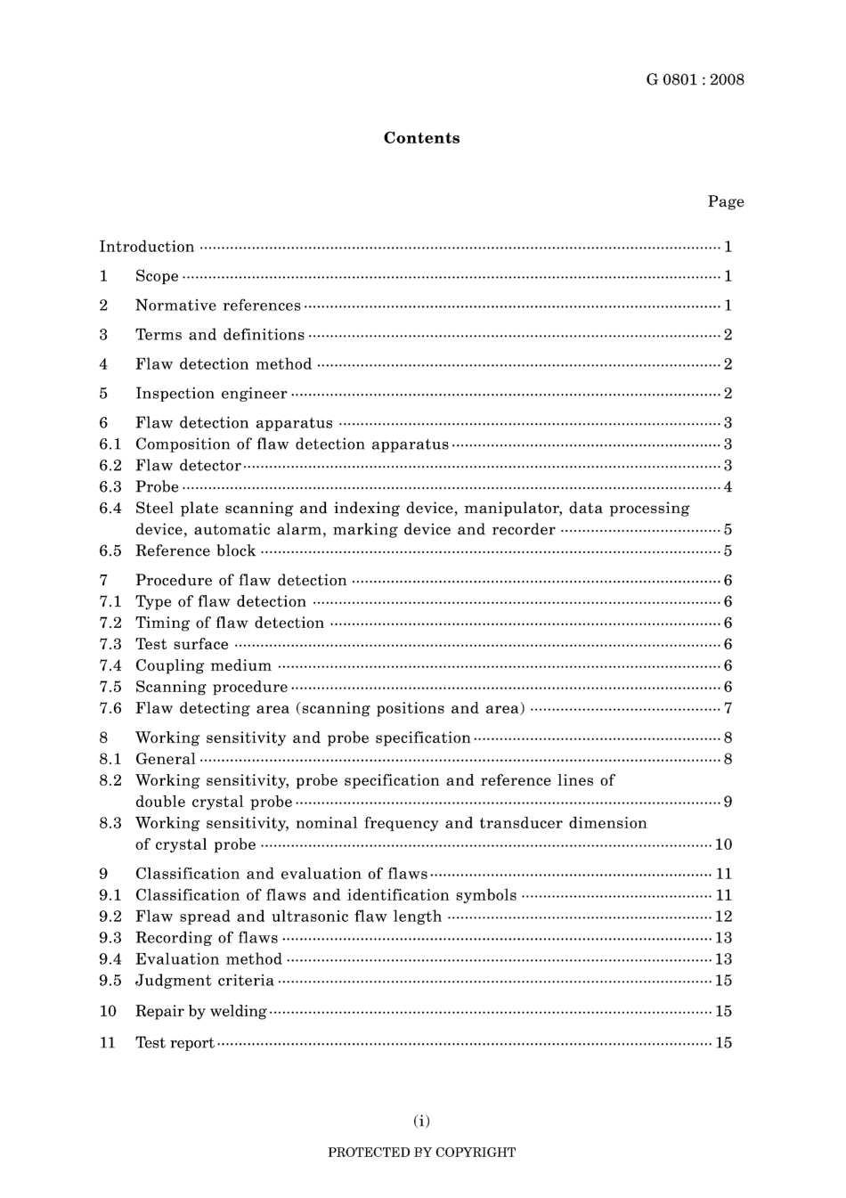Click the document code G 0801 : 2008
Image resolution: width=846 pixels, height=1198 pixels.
(695, 80)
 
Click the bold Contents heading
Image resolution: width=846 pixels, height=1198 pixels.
(421, 138)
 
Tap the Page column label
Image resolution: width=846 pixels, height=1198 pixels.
(726, 202)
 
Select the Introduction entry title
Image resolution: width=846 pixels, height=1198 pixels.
(146, 247)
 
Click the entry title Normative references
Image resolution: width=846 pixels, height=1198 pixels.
(217, 306)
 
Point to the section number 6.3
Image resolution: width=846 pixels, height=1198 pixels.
(110, 487)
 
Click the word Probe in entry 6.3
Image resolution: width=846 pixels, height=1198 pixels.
(157, 487)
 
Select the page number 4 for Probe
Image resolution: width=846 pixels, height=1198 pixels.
(728, 487)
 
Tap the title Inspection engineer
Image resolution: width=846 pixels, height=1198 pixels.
(211, 394)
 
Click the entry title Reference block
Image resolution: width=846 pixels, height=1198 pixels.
(195, 551)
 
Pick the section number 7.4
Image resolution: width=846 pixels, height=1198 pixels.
(110, 666)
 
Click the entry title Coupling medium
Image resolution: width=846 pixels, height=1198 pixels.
(203, 666)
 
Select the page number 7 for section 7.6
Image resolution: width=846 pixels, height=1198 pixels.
(728, 709)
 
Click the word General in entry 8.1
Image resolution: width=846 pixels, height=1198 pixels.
(165, 760)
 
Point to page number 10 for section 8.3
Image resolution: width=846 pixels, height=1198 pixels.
(723, 845)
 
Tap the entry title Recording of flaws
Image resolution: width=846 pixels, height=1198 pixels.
(207, 938)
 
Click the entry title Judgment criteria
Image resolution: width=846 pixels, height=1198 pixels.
(204, 981)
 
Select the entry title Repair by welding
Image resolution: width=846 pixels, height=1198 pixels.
(200, 1012)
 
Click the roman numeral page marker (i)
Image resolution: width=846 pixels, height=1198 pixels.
(421, 1121)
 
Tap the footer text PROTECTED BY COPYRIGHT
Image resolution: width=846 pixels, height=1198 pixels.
(421, 1153)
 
